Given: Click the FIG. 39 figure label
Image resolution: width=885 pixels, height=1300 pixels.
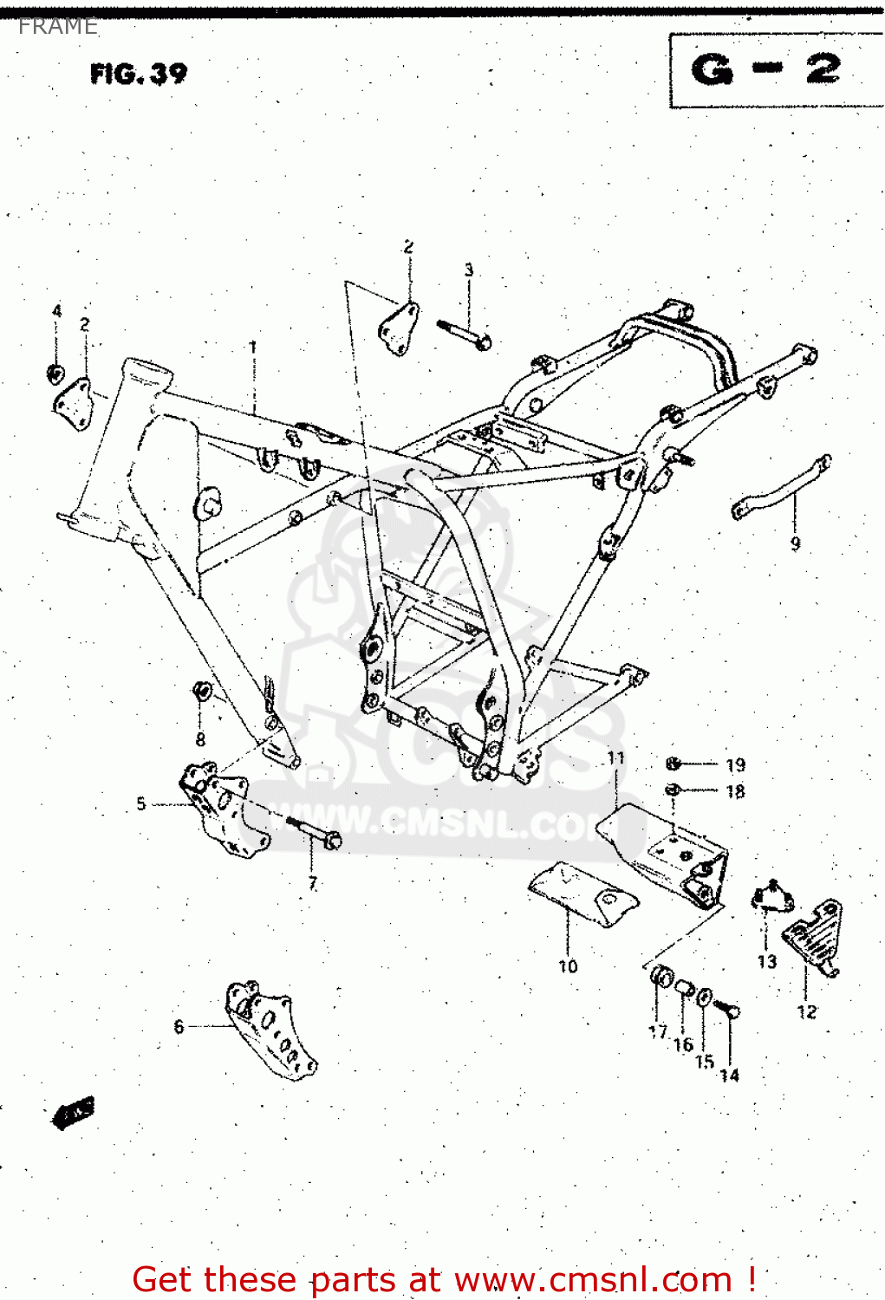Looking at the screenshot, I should pos(139,74).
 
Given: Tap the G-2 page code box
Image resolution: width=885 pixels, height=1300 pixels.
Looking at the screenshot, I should pos(766,69).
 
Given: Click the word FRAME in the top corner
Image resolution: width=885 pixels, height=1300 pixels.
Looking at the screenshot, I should pos(58,27).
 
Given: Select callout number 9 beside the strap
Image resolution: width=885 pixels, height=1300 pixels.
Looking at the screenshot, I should pos(795,544).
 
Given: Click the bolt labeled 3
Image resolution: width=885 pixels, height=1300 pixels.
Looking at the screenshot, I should pos(465,335).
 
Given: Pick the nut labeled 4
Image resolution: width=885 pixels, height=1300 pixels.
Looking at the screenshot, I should pos(55,373).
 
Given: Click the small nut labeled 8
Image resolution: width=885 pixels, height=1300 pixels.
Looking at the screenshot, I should pos(201,691).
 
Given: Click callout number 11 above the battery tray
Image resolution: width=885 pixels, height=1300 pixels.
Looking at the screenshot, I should pos(615,758).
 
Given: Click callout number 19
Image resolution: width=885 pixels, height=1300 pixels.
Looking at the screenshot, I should pos(735,765).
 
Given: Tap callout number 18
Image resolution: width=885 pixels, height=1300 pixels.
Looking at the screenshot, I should pos(735,791).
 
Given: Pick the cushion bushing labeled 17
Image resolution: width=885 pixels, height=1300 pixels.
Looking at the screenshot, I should pos(661,978).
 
